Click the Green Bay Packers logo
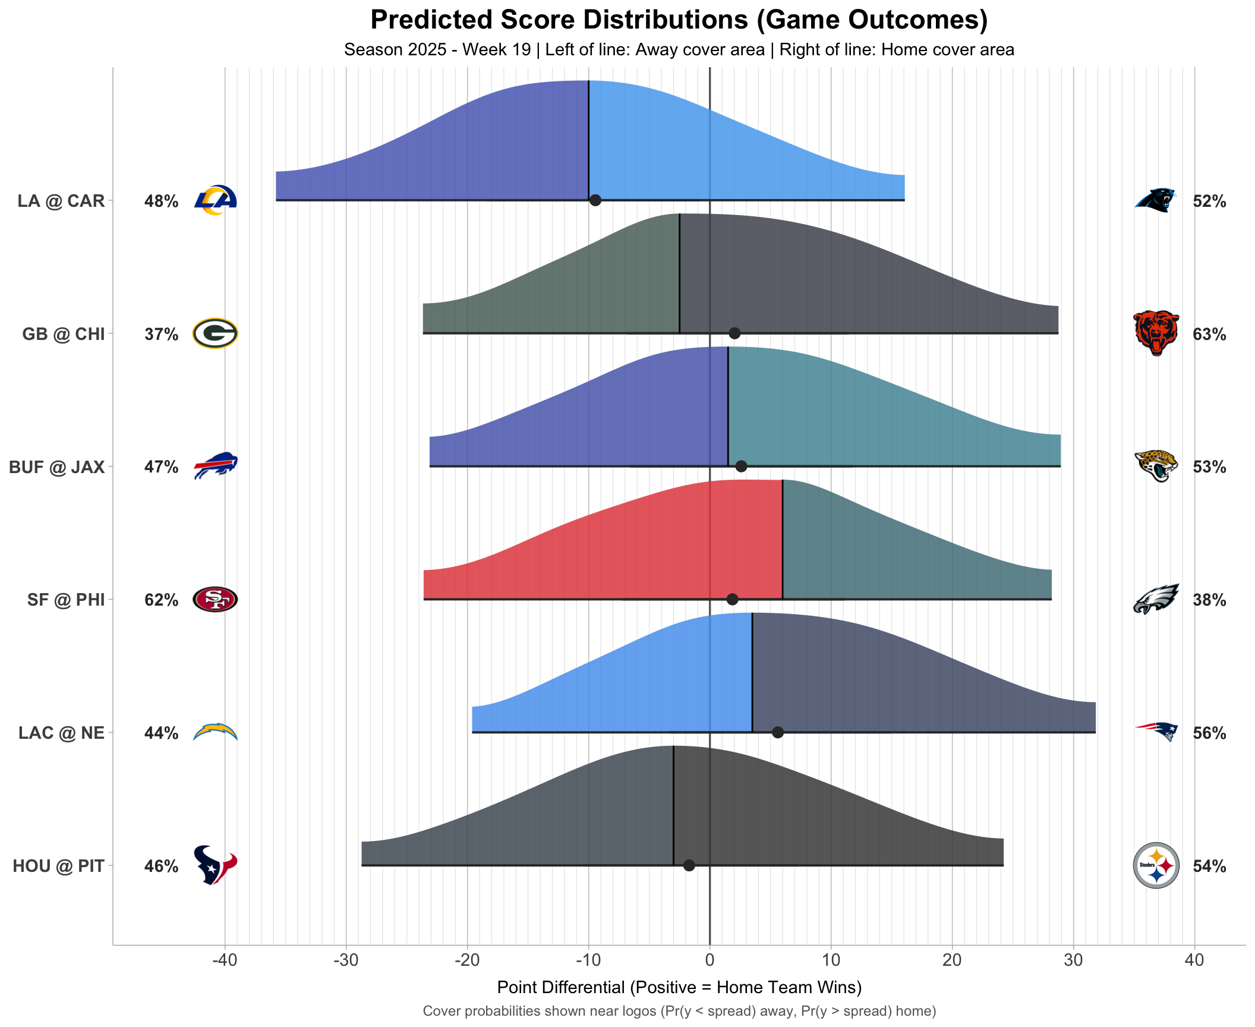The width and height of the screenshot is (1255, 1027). (215, 333)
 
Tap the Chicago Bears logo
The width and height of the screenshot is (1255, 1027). (1156, 333)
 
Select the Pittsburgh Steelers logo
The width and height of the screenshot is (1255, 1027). (1156, 865)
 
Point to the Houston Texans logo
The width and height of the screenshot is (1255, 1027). (215, 865)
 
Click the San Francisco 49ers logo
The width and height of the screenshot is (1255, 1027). (215, 599)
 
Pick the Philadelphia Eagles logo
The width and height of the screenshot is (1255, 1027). (1156, 599)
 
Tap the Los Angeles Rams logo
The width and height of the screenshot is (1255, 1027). (216, 200)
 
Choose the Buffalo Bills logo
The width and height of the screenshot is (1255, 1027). (215, 466)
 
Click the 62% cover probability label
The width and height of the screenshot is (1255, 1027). (161, 600)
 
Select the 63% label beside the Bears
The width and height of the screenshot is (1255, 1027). (1209, 334)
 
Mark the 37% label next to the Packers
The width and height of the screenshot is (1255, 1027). (161, 334)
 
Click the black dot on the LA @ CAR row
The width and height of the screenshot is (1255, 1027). (595, 200)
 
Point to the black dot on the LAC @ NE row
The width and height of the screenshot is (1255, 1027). (777, 732)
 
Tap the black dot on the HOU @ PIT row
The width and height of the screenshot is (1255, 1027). (689, 865)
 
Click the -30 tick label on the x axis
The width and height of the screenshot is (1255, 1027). (346, 960)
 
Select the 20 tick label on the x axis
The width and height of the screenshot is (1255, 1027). (952, 960)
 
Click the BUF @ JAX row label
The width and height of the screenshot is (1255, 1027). (57, 467)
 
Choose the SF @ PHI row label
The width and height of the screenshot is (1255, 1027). (66, 600)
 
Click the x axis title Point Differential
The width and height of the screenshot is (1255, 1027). (679, 987)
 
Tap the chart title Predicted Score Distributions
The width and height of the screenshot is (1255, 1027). (679, 20)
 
